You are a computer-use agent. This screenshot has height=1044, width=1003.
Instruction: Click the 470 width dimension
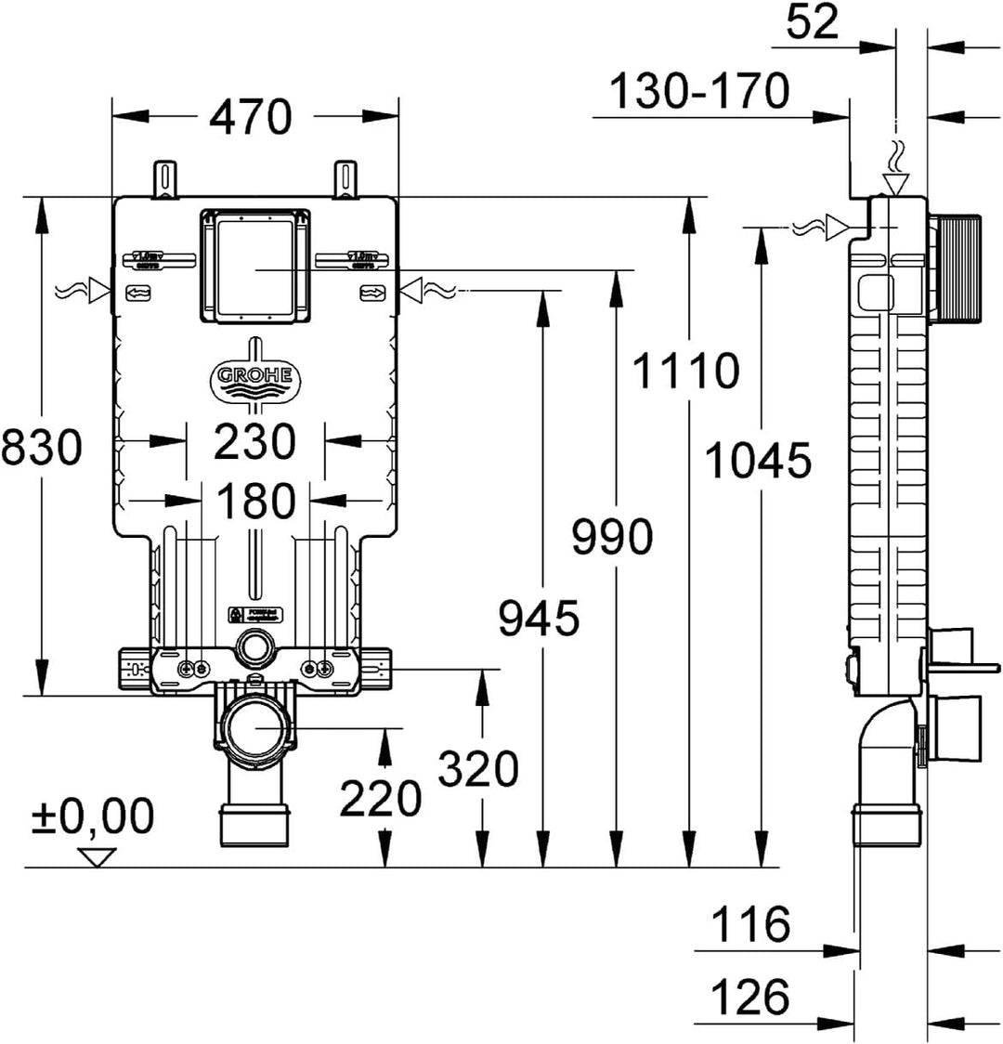click(251, 117)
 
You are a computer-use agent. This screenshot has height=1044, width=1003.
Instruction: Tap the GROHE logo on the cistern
click(254, 376)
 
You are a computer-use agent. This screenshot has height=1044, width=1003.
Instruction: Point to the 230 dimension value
click(254, 441)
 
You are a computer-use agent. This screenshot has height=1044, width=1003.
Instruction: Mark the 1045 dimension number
click(758, 460)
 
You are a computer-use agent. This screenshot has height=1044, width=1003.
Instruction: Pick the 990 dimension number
click(612, 537)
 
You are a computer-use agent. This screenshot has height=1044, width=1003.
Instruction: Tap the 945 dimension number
click(539, 618)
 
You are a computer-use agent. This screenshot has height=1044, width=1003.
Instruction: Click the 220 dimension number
click(380, 797)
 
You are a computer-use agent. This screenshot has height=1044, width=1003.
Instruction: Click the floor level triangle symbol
click(96, 856)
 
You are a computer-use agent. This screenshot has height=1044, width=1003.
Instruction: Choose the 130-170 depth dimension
click(699, 91)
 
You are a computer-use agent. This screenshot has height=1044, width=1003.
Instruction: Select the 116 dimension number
click(750, 923)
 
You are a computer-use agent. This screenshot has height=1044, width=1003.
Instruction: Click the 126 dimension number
click(750, 998)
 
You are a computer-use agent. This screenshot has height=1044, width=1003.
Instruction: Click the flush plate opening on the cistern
click(254, 267)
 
